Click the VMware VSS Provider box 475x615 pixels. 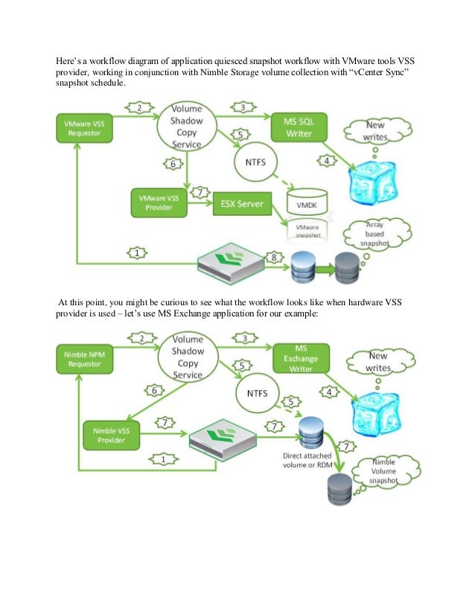159,203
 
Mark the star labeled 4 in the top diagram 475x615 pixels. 325,161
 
